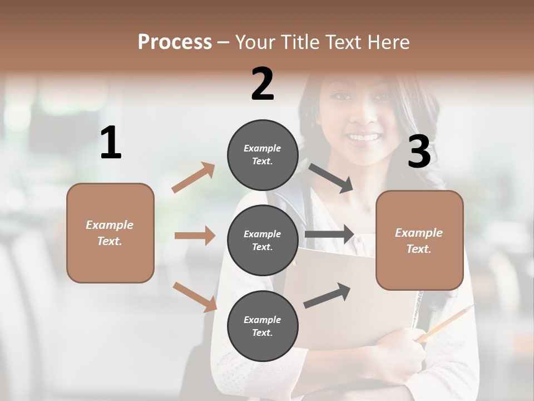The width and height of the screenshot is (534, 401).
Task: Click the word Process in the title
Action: (175, 42)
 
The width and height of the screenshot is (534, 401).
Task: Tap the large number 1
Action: (111, 143)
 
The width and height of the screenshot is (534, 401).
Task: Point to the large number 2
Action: (263, 84)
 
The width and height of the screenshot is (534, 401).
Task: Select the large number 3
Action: (419, 151)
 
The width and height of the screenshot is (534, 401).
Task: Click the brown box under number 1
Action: (110, 233)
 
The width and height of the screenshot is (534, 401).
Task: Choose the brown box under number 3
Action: (419, 240)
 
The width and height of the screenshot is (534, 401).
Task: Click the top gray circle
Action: (263, 155)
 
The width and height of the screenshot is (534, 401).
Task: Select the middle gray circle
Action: (263, 241)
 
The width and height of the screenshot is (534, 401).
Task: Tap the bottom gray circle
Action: (263, 326)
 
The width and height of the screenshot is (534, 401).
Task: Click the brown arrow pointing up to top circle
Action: (194, 178)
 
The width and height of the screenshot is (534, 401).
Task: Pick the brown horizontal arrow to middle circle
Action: (195, 236)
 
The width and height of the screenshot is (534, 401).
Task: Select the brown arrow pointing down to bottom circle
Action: (195, 296)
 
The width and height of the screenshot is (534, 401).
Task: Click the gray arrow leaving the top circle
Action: (330, 178)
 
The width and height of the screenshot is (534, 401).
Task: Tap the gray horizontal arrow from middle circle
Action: (329, 234)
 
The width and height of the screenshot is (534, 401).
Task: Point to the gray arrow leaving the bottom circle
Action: (327, 295)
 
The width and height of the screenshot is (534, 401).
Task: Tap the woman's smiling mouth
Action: (364, 137)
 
